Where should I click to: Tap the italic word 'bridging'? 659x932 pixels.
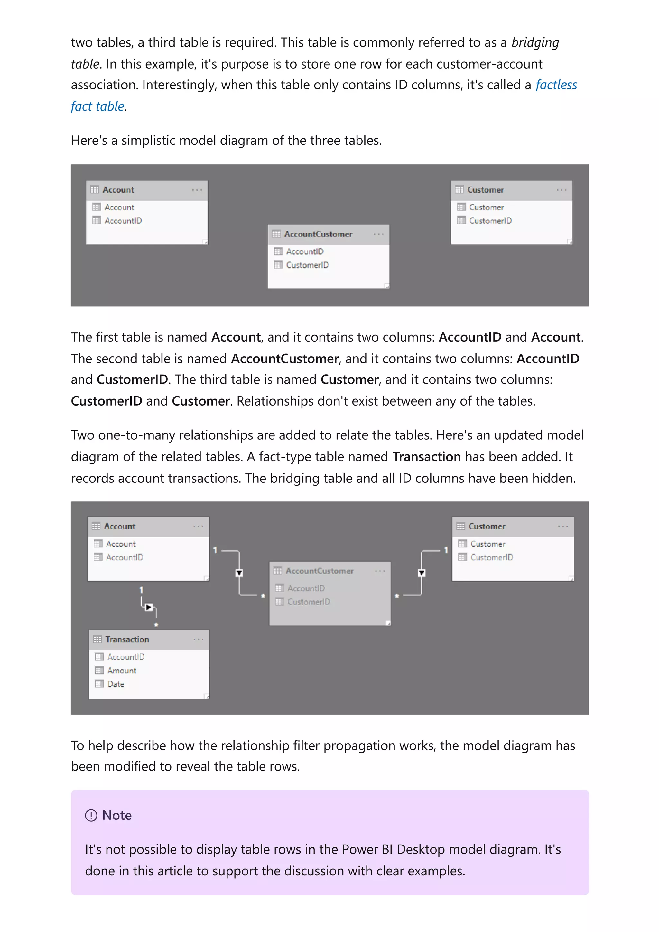click(x=535, y=42)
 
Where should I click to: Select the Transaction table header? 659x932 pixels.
click(x=127, y=639)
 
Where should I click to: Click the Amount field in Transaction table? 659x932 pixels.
click(x=121, y=671)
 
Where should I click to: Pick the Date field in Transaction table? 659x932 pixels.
click(x=115, y=684)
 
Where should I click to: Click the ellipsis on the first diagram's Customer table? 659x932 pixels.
click(x=562, y=190)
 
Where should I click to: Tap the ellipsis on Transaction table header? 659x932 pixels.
click(x=198, y=639)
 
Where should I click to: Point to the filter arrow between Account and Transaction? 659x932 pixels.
click(x=149, y=607)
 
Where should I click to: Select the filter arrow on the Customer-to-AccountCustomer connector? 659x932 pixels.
click(x=422, y=573)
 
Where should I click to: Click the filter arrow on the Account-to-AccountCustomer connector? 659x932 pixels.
click(x=239, y=573)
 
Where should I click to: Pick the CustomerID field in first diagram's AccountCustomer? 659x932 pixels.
click(x=307, y=265)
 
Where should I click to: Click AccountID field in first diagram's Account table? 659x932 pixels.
click(x=123, y=221)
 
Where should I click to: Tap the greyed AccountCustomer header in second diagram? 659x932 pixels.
click(x=319, y=571)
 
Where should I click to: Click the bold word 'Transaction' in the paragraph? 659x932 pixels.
click(x=426, y=457)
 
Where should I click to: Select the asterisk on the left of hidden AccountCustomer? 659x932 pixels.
click(x=263, y=596)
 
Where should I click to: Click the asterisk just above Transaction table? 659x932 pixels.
click(x=156, y=624)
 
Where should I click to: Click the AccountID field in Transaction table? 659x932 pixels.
click(x=125, y=657)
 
